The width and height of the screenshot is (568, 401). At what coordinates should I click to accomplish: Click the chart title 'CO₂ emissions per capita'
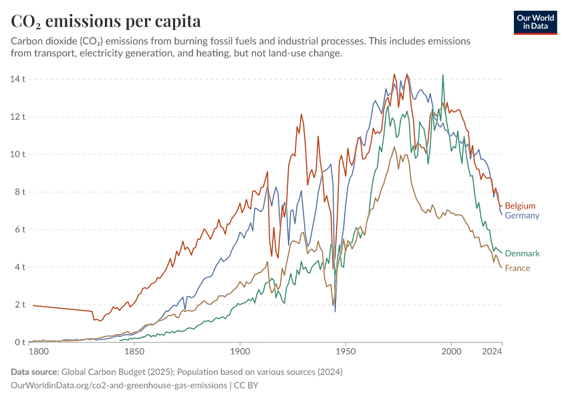106,21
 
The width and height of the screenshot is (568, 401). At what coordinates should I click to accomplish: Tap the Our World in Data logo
535,21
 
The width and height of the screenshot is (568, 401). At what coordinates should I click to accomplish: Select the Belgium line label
520,206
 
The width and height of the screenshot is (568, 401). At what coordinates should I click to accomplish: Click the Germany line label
522,216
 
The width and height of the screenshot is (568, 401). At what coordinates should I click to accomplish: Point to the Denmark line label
522,254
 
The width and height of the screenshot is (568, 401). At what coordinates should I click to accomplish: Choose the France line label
517,269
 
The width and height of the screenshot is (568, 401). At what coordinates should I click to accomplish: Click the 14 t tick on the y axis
17,80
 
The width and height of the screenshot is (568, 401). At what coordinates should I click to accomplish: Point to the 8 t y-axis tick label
19,192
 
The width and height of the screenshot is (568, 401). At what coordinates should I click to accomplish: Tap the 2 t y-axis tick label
19,305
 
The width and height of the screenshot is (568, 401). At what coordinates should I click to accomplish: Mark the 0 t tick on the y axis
19,343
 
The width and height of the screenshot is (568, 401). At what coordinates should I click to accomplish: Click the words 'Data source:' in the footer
35,372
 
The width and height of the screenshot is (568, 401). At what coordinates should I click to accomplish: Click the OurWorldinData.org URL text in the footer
118,386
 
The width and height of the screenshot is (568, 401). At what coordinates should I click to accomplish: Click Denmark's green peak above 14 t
442,76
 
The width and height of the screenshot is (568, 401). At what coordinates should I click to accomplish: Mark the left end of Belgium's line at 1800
33,305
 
